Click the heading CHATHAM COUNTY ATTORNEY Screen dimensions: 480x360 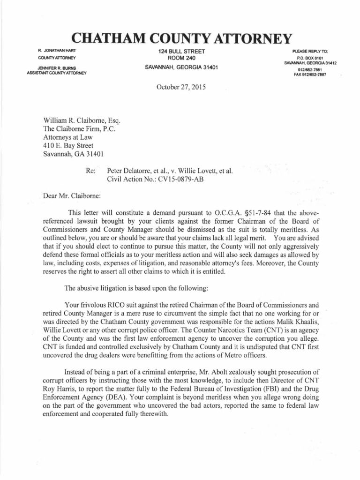(x=180, y=37)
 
